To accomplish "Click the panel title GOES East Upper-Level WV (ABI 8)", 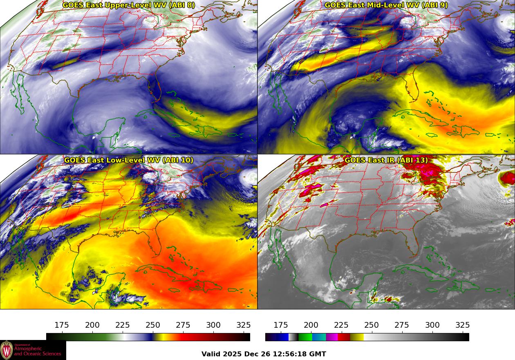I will [x=128, y=5].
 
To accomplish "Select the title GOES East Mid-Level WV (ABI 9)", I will [x=386, y=5].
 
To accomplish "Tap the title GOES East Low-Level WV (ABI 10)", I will [x=128, y=160].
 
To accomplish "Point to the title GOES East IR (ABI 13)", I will [x=386, y=160].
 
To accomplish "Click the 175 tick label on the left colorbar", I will [x=62, y=325].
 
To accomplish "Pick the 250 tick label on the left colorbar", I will [x=153, y=325].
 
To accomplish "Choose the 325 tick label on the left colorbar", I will [x=244, y=325].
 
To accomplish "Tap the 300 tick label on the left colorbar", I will [x=213, y=325].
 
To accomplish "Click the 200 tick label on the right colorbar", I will [x=311, y=325].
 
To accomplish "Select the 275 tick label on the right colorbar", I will [x=402, y=325].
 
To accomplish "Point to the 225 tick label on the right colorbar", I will [x=341, y=325].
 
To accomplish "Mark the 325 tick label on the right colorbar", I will [x=463, y=325].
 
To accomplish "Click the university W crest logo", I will [x=7, y=350].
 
